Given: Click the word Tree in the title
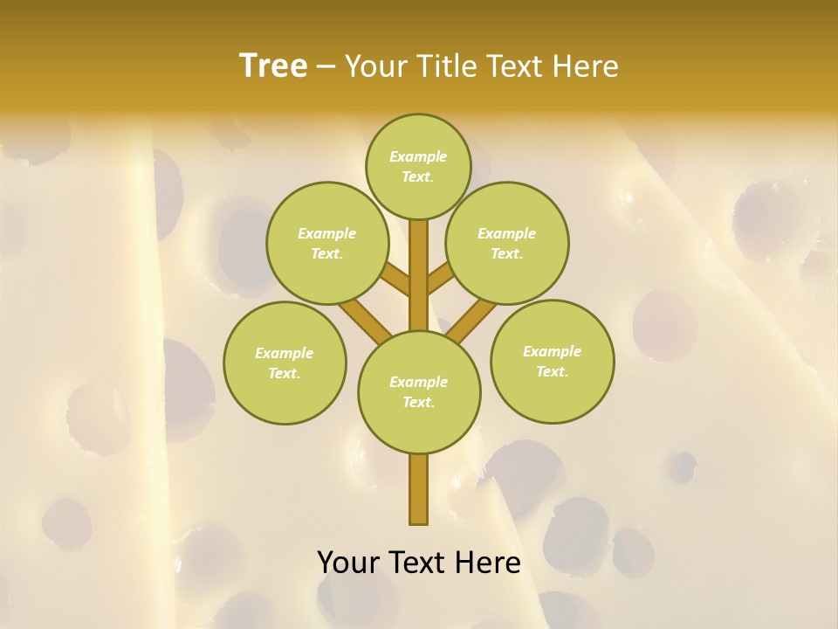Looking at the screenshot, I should [273, 66].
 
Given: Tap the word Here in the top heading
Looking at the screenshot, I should [585, 66].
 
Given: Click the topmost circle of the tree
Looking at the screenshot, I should [418, 166].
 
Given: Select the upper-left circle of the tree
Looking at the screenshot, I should [326, 243].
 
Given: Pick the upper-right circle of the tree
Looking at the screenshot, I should [507, 243].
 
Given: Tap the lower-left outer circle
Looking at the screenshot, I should [285, 363].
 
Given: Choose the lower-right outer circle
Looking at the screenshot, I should [552, 361].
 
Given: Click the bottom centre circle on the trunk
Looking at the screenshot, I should [419, 391].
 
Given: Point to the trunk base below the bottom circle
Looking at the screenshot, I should [419, 489].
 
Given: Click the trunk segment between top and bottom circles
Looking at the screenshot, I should [419, 275].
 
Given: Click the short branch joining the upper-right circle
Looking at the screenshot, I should [441, 280].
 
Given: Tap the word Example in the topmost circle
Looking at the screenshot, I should [418, 156].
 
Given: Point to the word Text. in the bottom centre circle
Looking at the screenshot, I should [418, 402].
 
